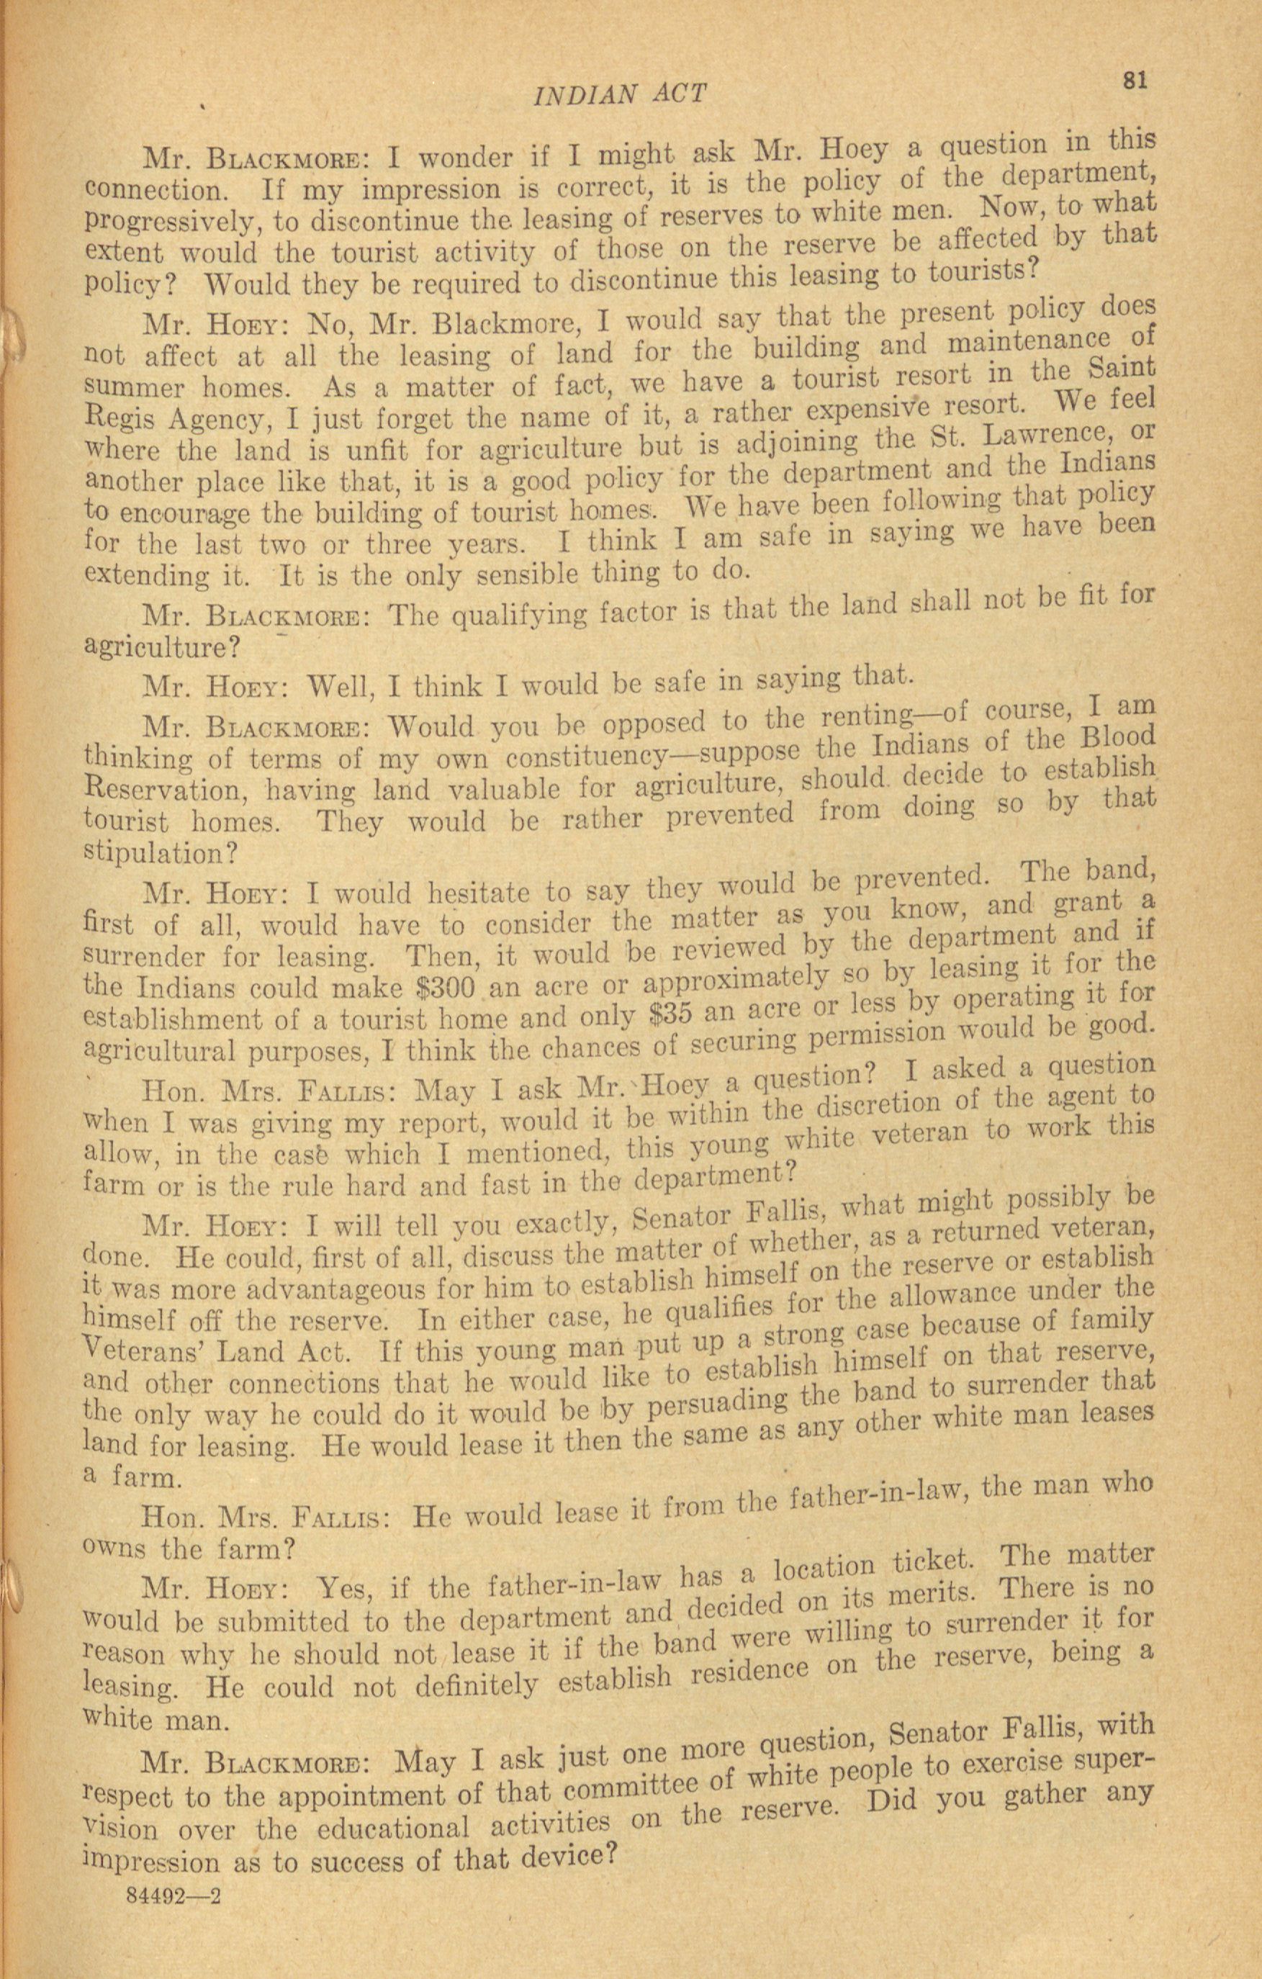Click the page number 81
click(x=1134, y=80)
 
